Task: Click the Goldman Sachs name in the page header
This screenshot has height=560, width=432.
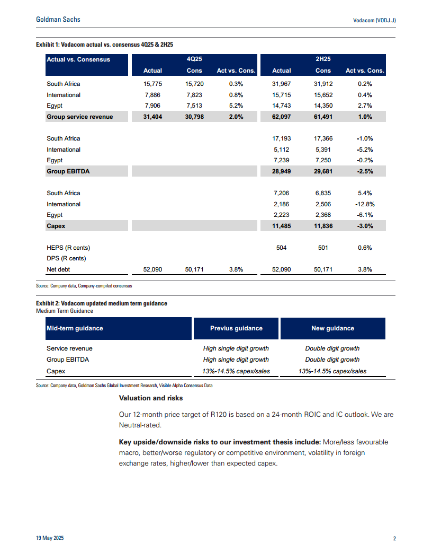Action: pyautogui.click(x=58, y=20)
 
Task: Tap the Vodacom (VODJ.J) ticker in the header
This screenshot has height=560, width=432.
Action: pyautogui.click(x=374, y=20)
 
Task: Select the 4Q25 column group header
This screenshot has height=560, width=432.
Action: pyautogui.click(x=194, y=59)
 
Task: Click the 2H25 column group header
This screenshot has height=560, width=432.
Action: pyautogui.click(x=323, y=59)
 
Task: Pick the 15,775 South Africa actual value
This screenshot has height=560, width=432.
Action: pyautogui.click(x=153, y=84)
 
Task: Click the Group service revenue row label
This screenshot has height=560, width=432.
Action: pyautogui.click(x=79, y=117)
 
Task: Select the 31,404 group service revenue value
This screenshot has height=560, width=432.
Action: pyautogui.click(x=153, y=117)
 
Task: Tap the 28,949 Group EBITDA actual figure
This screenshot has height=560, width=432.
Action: pyautogui.click(x=282, y=171)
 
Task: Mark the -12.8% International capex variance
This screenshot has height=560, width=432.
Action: pyautogui.click(x=365, y=204)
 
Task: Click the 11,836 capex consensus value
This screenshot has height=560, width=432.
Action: pyautogui.click(x=323, y=226)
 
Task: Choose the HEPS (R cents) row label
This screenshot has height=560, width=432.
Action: pyautogui.click(x=68, y=248)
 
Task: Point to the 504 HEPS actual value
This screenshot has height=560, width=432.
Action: pyautogui.click(x=282, y=248)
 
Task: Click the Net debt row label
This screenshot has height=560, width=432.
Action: pyautogui.click(x=58, y=269)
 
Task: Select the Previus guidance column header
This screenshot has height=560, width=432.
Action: pyautogui.click(x=236, y=328)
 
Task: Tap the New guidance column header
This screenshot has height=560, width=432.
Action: pyautogui.click(x=332, y=328)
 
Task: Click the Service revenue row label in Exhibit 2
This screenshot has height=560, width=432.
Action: pyautogui.click(x=69, y=348)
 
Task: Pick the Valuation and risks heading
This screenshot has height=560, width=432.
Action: pyautogui.click(x=150, y=398)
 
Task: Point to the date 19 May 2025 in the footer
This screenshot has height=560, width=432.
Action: pyautogui.click(x=50, y=539)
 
